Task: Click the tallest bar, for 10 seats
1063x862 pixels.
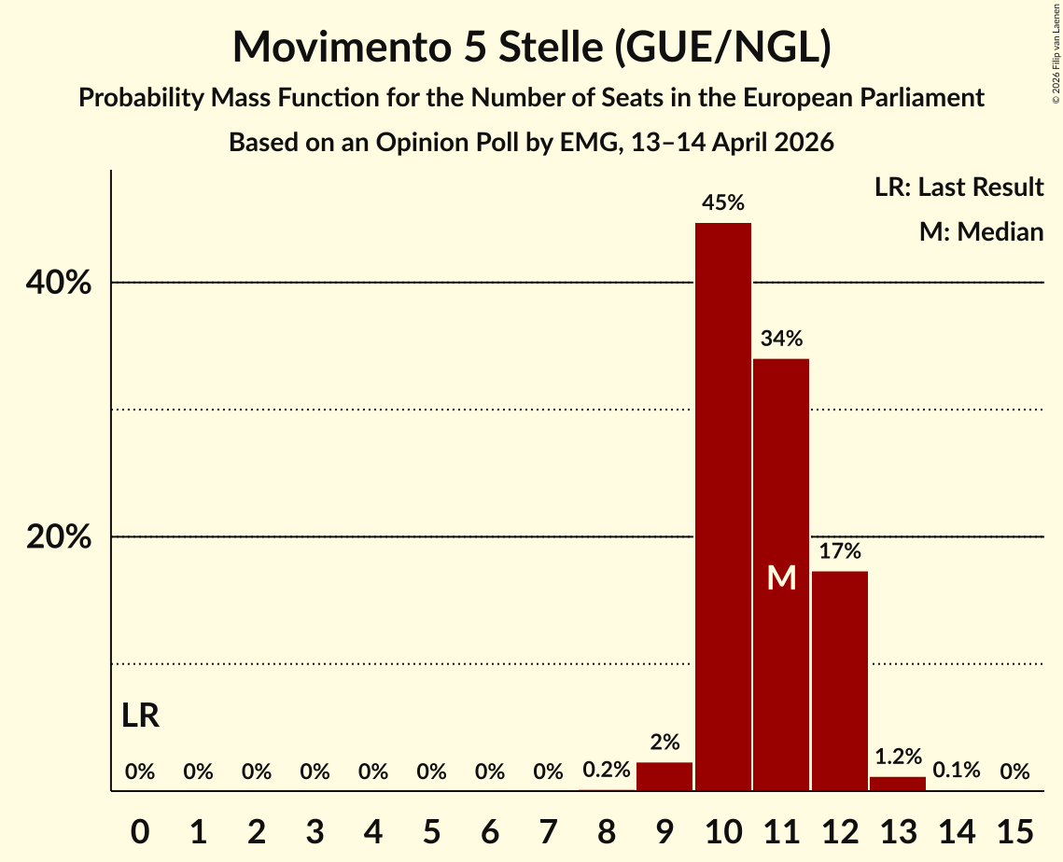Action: click(x=722, y=507)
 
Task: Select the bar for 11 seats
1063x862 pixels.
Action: click(x=781, y=575)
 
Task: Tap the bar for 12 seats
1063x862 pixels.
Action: click(x=839, y=681)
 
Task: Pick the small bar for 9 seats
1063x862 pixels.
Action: click(x=664, y=776)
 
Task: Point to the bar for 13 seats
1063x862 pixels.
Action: click(x=898, y=784)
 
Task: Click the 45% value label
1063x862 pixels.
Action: click(x=722, y=202)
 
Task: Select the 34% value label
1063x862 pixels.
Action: click(x=781, y=338)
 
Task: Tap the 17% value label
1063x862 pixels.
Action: click(x=839, y=551)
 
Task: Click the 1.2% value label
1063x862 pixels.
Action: click(x=898, y=756)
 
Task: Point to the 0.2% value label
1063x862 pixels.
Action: click(x=606, y=770)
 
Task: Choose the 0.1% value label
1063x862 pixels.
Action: click(x=956, y=770)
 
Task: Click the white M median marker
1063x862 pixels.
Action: click(x=781, y=578)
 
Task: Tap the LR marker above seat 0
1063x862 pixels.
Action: click(x=140, y=716)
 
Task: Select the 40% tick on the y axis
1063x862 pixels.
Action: click(x=58, y=283)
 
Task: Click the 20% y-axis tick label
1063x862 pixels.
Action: click(x=58, y=536)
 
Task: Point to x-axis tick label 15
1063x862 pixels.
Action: click(x=1014, y=831)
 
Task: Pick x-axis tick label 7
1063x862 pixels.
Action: click(x=548, y=831)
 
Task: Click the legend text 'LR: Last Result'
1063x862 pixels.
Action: click(x=958, y=187)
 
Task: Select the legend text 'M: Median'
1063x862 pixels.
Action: click(x=981, y=231)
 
